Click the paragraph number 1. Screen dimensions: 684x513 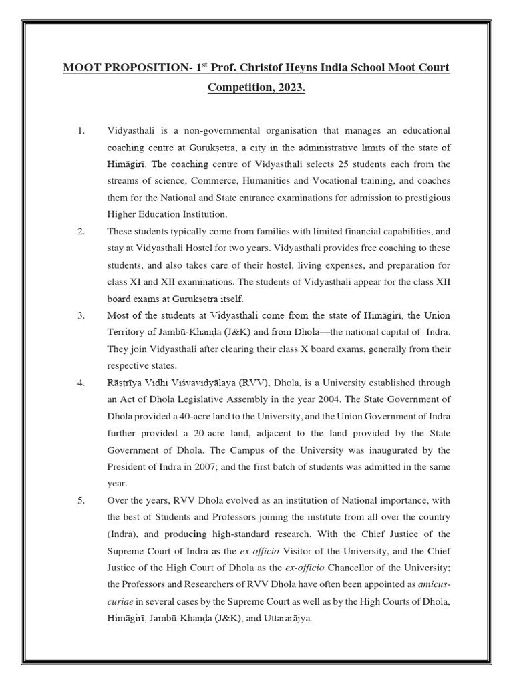click(81, 130)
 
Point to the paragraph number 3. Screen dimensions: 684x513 click(81, 315)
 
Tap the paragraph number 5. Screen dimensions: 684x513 click(81, 500)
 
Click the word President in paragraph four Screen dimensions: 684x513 click(128, 466)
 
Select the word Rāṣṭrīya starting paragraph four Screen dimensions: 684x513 click(127, 383)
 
